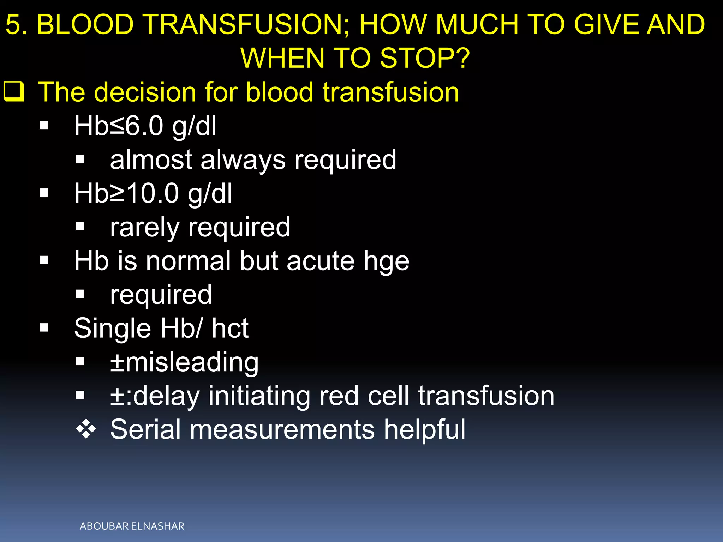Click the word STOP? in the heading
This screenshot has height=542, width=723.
point(425,59)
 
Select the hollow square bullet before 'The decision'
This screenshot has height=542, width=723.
point(14,92)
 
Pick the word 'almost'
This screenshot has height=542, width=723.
point(151,160)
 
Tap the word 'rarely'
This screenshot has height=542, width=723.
point(145,228)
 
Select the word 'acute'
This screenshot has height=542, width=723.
point(320,261)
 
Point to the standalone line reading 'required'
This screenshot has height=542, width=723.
point(161,295)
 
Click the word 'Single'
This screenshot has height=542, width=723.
point(113,329)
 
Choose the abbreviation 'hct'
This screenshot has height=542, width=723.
point(230,329)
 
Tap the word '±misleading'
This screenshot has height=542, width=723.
point(184,362)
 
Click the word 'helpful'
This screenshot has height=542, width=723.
point(425,430)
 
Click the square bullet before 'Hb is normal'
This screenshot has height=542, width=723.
point(44,261)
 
